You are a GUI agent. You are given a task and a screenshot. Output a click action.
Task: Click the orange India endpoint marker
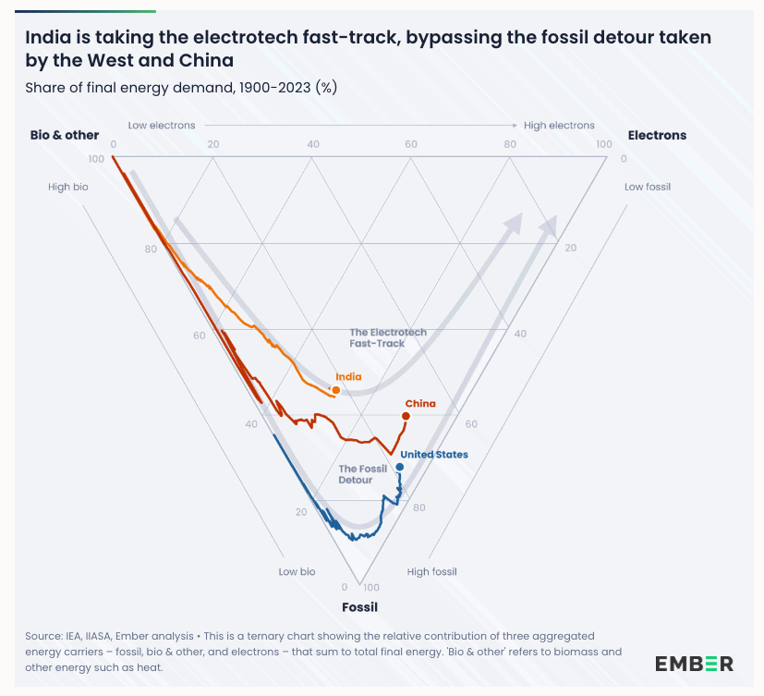coord(336,390)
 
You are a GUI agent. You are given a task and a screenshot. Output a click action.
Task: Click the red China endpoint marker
coord(406,417)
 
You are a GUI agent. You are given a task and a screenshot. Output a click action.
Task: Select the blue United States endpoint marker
coord(400,467)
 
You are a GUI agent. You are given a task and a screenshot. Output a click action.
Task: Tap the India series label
coord(348,377)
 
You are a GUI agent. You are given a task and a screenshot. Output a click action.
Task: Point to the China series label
coord(420,404)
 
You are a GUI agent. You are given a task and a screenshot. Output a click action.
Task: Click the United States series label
coord(433,455)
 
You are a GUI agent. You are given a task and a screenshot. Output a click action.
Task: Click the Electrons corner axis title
coord(657,135)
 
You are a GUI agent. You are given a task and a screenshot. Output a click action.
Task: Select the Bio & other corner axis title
coord(65,135)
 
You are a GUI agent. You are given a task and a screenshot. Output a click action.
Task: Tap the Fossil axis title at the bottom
coord(359,607)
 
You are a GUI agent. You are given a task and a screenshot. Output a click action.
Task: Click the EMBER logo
coord(695,664)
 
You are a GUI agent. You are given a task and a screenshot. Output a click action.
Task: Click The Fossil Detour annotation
coord(362,474)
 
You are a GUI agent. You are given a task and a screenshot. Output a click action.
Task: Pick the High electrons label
coord(559,126)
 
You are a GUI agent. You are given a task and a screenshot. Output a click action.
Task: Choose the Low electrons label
coord(163,126)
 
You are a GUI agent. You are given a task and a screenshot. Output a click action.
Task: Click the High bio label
coord(68,187)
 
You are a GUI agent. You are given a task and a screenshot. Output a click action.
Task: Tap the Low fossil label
coord(648,187)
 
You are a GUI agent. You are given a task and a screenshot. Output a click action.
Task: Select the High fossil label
coord(432,572)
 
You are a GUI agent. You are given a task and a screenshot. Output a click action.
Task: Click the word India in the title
coord(48,38)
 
